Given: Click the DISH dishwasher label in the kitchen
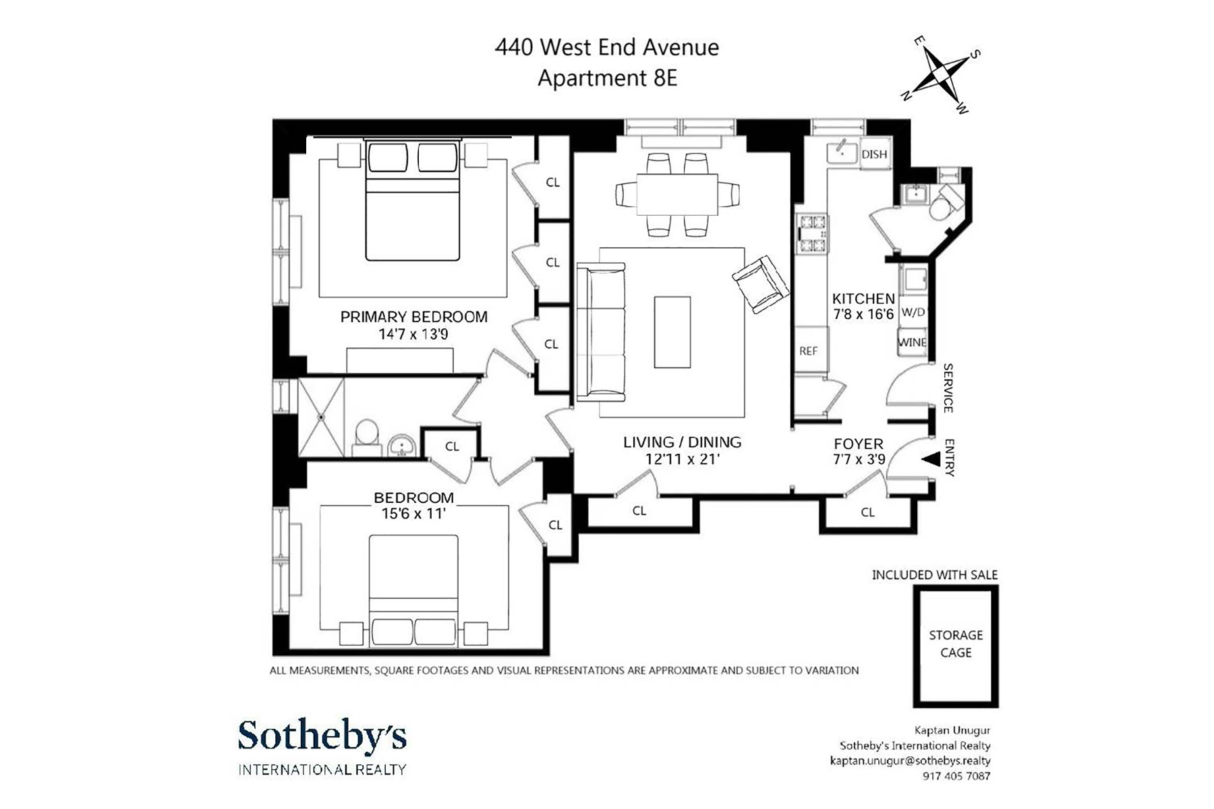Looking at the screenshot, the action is [x=874, y=154].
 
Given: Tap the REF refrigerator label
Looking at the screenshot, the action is [x=808, y=351].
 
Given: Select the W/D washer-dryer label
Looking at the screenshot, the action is [x=913, y=313].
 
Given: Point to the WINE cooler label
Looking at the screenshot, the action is [x=912, y=342].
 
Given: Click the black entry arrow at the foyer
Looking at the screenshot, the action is [x=931, y=459].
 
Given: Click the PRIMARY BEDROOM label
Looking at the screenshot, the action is [x=413, y=317].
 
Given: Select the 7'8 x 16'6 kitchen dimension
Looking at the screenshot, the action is [x=863, y=314].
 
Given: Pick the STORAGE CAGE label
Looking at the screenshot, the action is [x=956, y=644].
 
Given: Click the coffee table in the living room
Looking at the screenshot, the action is [x=672, y=332].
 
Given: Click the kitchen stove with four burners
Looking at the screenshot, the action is [x=812, y=234].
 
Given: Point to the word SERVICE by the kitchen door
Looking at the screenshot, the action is [x=948, y=388].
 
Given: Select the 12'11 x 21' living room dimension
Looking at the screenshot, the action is [x=682, y=459].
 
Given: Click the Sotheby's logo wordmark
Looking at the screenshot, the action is [x=322, y=736].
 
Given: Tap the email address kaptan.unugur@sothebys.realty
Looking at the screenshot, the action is [x=910, y=760].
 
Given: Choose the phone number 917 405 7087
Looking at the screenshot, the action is [x=956, y=776].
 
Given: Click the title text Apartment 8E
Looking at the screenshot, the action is [x=607, y=78].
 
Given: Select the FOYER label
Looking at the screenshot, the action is [x=859, y=444].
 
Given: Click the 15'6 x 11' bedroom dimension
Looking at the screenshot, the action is [x=413, y=514].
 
